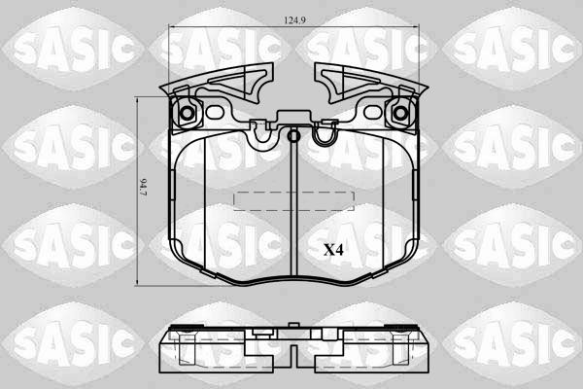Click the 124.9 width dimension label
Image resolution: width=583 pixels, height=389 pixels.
[x=294, y=20]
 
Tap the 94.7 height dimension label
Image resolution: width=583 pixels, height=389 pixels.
[x=143, y=188]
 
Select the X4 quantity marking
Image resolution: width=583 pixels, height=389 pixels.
[x=333, y=250]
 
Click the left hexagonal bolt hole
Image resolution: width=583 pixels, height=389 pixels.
[x=187, y=113]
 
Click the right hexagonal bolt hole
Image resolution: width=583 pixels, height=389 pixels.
[x=400, y=113]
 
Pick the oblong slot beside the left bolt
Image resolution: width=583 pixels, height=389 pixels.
[x=214, y=112]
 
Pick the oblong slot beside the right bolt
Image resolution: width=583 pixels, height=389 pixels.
[x=373, y=112]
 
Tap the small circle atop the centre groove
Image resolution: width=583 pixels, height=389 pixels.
[x=293, y=136]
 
